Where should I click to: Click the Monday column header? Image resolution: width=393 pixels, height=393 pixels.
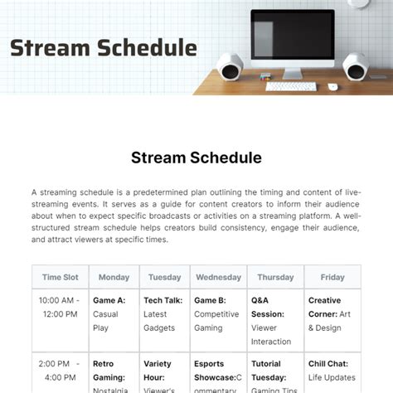pyautogui.click(x=114, y=278)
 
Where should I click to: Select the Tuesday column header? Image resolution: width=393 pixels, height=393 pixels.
pyautogui.click(x=165, y=278)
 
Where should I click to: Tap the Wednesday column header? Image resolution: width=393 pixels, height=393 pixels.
pyautogui.click(x=218, y=278)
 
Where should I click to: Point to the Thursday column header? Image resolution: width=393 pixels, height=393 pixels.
pyautogui.click(x=275, y=278)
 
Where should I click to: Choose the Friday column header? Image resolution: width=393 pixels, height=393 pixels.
pyautogui.click(x=332, y=278)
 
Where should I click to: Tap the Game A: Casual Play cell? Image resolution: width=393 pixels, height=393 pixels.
pyautogui.click(x=114, y=314)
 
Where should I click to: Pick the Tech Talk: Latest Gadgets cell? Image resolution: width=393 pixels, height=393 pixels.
pyautogui.click(x=165, y=314)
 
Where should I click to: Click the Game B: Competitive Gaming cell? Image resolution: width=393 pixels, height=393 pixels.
pyautogui.click(x=218, y=314)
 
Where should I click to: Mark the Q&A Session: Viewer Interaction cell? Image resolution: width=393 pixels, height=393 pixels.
pyautogui.click(x=275, y=321)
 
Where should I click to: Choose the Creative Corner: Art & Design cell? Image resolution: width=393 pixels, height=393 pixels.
pyautogui.click(x=332, y=314)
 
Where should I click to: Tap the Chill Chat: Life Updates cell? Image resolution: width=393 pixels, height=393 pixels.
pyautogui.click(x=332, y=371)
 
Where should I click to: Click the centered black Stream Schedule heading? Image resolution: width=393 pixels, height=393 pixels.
pyautogui.click(x=196, y=158)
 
